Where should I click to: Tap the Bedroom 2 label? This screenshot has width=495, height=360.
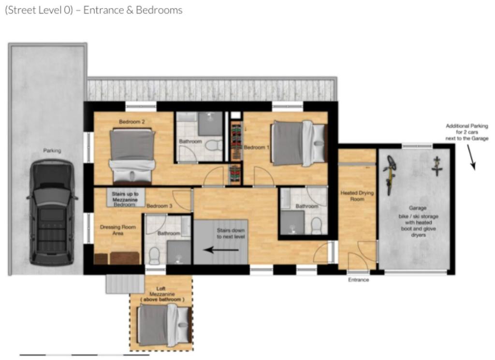point(131,122)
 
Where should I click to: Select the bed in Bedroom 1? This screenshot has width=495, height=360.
point(298,144)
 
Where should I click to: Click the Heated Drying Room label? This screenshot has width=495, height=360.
point(357,196)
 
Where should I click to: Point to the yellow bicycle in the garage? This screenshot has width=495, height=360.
point(390,174)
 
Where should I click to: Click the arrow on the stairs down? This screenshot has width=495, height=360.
point(221,250)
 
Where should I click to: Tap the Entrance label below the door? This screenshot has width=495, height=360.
point(358,280)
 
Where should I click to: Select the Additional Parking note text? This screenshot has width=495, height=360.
point(467,132)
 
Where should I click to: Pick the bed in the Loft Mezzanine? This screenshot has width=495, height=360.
point(164,326)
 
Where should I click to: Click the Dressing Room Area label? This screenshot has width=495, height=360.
point(118,230)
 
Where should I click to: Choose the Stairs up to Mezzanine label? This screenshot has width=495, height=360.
point(125,197)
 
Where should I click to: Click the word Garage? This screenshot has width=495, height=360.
point(418,208)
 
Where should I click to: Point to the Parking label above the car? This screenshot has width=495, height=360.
point(52,150)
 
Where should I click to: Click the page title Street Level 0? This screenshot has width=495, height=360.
point(39,10)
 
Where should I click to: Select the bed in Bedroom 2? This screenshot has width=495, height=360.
point(132,156)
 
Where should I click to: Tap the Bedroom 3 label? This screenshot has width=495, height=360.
point(160,206)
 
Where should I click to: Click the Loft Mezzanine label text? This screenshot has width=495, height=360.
point(162,294)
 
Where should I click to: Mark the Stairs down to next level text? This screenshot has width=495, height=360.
point(231,233)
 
